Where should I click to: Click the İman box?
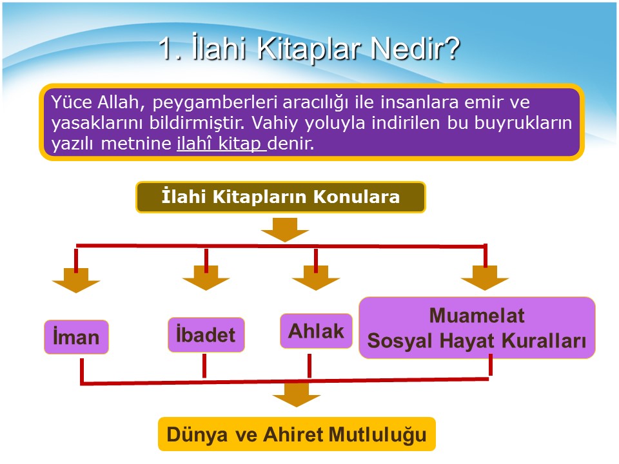point(76,337)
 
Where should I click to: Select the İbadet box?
point(206,334)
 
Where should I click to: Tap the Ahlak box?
point(316,331)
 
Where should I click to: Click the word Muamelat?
point(477,316)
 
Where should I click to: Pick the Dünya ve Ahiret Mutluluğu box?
point(297,434)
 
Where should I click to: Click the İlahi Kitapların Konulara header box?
point(280,197)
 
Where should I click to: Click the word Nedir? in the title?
point(415,48)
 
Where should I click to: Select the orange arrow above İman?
point(76,280)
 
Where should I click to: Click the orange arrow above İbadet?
point(206,278)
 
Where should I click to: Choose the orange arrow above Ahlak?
point(316,278)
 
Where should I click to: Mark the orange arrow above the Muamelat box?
point(485,278)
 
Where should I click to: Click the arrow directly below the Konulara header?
point(284,229)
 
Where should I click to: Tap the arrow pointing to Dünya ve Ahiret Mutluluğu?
point(297,394)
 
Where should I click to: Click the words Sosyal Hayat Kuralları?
point(477,341)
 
